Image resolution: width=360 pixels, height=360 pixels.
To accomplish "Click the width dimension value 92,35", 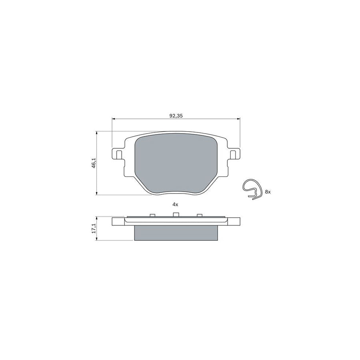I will (176, 116).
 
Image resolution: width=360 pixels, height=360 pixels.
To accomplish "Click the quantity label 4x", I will (175, 204).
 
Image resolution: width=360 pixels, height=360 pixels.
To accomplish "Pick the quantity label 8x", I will (268, 192).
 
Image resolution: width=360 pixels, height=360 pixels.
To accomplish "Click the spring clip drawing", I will (252, 188).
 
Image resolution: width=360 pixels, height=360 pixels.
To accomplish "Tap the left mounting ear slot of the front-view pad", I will (118, 154).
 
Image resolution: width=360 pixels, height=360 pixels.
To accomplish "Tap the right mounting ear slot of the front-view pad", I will (234, 154).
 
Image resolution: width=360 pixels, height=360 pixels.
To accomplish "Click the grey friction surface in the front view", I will (176, 164).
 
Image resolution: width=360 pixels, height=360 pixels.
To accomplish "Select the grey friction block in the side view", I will (176, 232).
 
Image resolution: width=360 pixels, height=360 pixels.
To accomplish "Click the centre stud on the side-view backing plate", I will (175, 215).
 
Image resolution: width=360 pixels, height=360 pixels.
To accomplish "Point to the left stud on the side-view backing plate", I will (152, 216).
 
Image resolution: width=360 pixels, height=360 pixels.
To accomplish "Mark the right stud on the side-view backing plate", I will (199, 216).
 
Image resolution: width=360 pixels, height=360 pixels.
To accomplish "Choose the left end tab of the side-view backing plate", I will (118, 222).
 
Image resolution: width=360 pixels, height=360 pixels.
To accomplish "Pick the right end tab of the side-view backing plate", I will (234, 222).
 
